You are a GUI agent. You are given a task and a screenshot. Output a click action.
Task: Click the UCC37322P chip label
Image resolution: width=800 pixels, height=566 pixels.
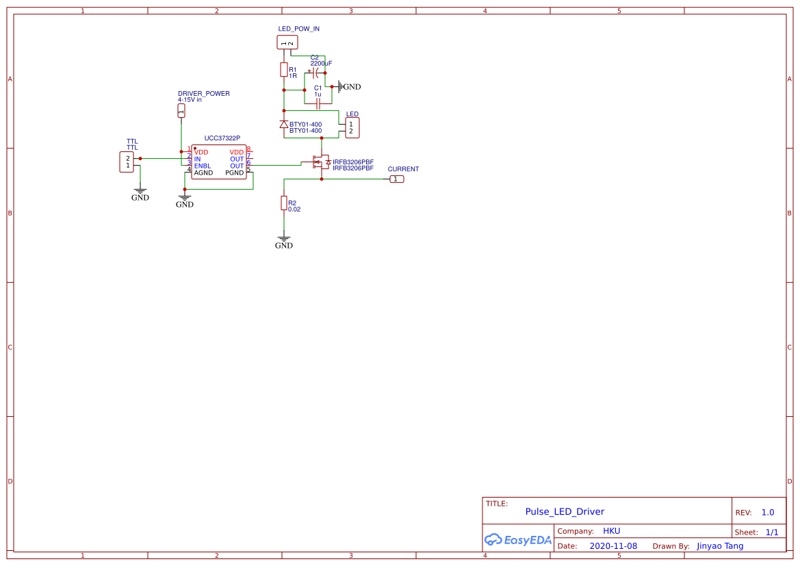click(222, 138)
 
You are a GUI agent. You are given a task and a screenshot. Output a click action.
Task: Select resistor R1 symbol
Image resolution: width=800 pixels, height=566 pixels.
click(283, 70)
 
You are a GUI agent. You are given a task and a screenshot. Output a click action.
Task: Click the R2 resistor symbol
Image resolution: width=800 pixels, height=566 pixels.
click(283, 203)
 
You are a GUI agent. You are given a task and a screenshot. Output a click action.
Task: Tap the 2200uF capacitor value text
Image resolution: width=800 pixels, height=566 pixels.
click(321, 63)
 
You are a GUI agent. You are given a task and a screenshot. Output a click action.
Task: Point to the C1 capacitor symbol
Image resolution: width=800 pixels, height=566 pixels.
click(318, 104)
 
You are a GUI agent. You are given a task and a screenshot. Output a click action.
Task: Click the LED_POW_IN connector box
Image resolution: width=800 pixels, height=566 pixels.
click(287, 42)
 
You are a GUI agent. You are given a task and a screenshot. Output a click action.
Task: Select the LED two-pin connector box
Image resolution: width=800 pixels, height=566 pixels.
click(352, 127)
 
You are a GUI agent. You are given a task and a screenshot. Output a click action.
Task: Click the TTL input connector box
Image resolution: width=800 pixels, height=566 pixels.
click(127, 162)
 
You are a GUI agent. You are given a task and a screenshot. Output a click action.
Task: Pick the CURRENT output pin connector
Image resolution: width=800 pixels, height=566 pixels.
click(397, 179)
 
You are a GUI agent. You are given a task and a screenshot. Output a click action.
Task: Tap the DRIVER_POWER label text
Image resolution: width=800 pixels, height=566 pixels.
click(204, 93)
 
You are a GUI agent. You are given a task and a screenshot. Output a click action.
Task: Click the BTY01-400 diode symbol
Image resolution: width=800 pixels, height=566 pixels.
click(284, 124)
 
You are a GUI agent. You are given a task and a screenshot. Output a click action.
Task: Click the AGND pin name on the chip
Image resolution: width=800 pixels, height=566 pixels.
click(203, 173)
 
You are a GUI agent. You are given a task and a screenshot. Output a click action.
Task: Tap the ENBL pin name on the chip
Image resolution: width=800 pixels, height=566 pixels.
click(203, 166)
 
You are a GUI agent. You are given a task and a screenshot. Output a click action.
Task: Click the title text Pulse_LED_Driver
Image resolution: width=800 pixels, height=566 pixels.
click(565, 511)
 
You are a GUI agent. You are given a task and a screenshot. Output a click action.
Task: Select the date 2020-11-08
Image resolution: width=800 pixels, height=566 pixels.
click(613, 546)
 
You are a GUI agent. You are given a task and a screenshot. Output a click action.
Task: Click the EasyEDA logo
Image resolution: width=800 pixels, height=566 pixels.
click(518, 539)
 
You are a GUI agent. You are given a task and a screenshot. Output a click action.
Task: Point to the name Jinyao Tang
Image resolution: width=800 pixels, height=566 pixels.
click(720, 546)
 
